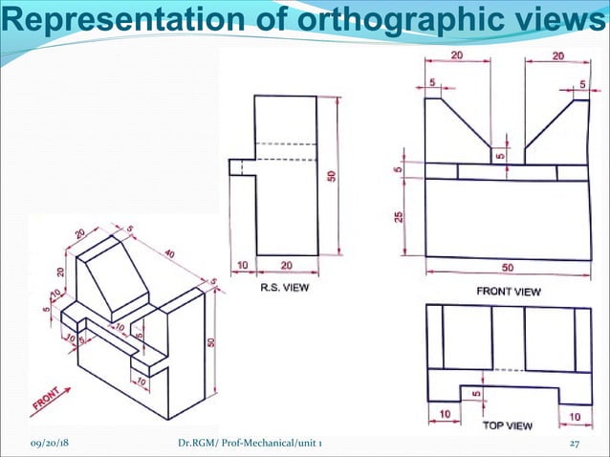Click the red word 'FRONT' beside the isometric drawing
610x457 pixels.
(x=44, y=403)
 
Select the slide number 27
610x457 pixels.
(x=575, y=445)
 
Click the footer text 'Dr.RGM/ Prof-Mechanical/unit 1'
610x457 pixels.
(x=255, y=445)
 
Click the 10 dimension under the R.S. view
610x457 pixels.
(x=242, y=265)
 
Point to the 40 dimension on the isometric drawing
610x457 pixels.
(x=170, y=255)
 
